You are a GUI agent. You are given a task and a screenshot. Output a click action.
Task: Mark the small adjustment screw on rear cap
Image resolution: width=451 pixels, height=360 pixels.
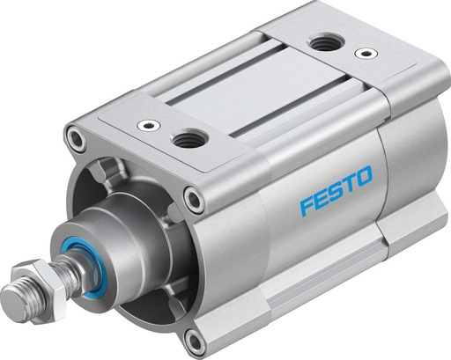(360, 53)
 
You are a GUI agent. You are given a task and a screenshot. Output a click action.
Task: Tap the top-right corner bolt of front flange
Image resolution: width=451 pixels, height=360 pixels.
(193, 199)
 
